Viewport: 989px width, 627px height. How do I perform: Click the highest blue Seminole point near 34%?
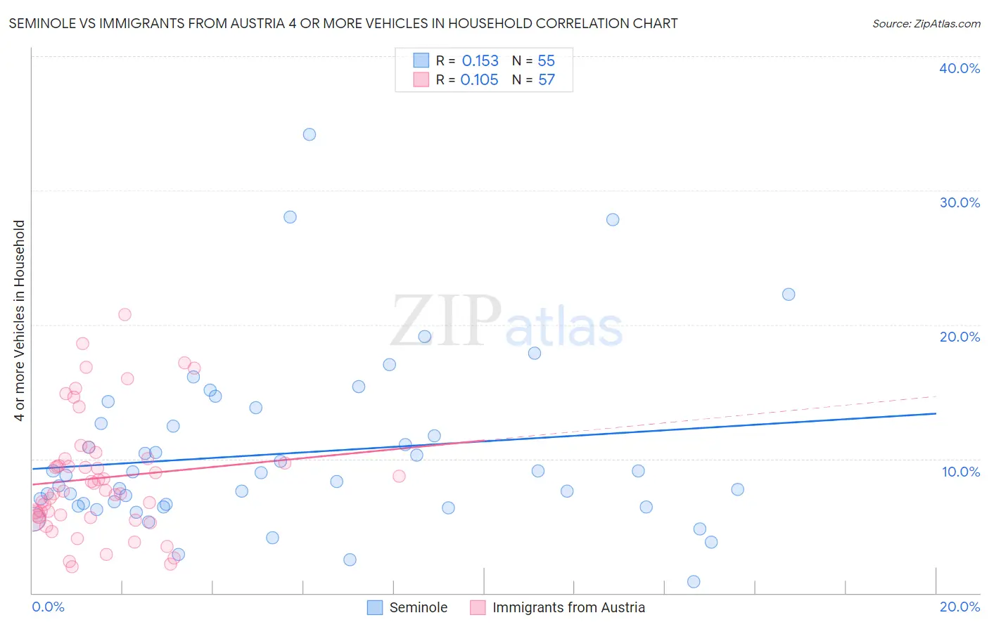310,134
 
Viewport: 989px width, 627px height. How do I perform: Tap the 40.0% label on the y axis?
959,68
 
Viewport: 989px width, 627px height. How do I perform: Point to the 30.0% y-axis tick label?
959,202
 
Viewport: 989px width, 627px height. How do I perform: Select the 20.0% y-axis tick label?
959,337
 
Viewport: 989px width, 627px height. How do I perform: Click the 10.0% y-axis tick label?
959,472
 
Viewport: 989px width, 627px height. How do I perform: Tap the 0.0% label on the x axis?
48,607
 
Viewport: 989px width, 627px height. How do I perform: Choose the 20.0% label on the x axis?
959,607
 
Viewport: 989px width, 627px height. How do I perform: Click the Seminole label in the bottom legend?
418,607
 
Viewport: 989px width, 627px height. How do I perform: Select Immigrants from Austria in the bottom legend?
568,607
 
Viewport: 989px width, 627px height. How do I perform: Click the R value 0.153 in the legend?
480,61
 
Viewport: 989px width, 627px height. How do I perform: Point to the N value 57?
547,80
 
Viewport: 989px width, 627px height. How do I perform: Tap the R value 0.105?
479,80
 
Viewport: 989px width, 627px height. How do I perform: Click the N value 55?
547,61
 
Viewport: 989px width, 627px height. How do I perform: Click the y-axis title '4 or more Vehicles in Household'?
20,321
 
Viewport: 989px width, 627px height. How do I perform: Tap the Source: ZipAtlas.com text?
926,24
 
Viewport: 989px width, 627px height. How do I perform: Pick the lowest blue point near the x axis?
694,581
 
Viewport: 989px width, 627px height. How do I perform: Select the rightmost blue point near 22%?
789,295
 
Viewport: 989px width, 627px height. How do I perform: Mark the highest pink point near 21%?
125,314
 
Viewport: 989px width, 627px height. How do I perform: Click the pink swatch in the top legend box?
421,79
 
